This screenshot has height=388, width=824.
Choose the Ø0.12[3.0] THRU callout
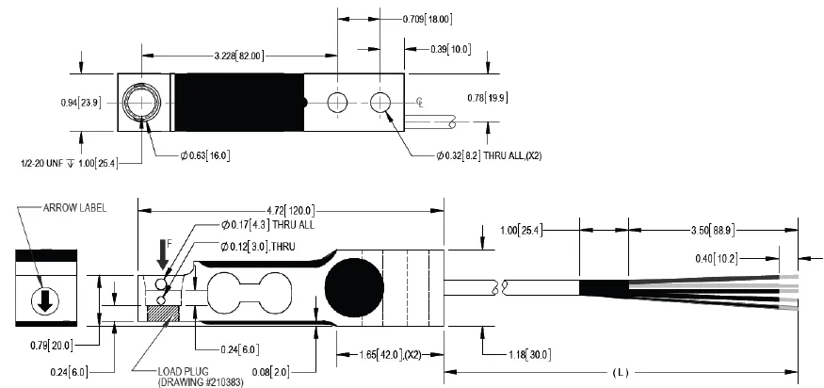(x=260, y=247)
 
